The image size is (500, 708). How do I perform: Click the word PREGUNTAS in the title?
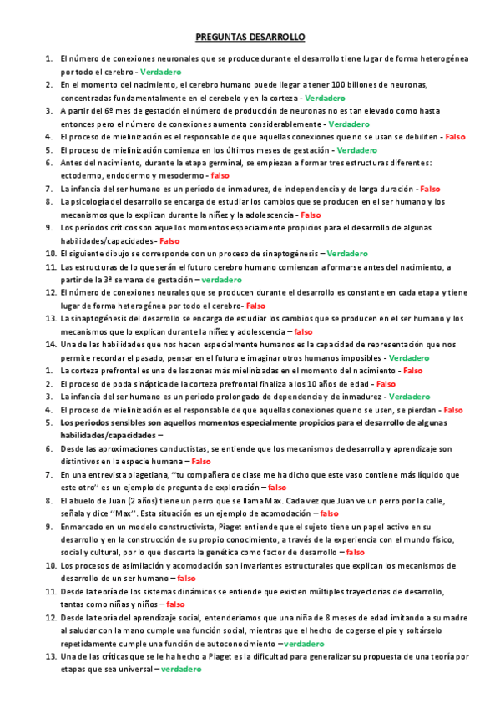pyautogui.click(x=222, y=38)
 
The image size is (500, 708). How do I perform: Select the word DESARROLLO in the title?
pyautogui.click(x=278, y=38)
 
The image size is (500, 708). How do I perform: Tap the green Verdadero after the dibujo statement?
pyautogui.click(x=346, y=253)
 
